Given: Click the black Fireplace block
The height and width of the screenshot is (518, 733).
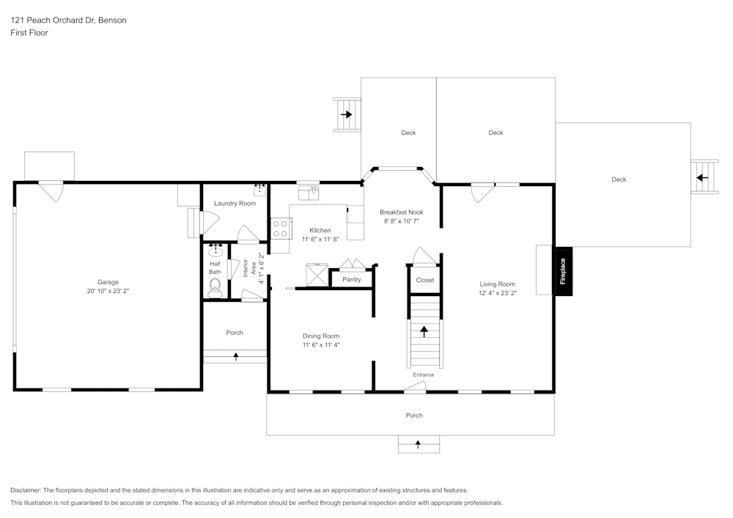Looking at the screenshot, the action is (x=563, y=271).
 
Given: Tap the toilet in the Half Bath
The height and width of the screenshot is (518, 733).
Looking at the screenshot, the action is (x=215, y=288).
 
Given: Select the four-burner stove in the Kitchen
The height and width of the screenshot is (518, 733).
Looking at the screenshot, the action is (x=281, y=229).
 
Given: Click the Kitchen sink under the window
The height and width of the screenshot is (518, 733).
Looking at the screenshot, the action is (x=309, y=193).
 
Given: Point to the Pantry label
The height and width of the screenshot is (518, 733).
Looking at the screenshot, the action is (x=352, y=279).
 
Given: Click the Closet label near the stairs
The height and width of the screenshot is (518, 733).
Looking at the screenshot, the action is (x=425, y=280).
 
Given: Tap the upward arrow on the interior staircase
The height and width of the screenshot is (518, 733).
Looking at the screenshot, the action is (x=424, y=331).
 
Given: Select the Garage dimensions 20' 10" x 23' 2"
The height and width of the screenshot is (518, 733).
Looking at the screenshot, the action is (x=108, y=291).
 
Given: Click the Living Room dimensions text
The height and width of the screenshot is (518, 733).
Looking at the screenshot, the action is (x=498, y=293).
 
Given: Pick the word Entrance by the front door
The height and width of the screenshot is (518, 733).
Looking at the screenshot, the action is (x=424, y=374).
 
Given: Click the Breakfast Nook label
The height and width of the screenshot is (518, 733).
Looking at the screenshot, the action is (x=402, y=212).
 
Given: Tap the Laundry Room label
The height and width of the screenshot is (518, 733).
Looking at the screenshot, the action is (x=235, y=203).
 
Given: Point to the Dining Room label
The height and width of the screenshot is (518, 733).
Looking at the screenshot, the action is (x=321, y=336).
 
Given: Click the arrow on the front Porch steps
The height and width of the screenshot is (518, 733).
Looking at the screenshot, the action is (x=418, y=444).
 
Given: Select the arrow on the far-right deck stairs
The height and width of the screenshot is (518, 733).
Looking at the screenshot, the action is (x=702, y=177).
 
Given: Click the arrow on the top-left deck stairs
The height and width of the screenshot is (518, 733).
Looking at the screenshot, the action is (x=347, y=114).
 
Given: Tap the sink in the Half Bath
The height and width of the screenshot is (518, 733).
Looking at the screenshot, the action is (x=216, y=251).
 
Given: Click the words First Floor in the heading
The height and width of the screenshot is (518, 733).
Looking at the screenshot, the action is (x=29, y=33).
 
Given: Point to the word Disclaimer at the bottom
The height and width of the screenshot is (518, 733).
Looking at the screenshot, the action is (x=25, y=490).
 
